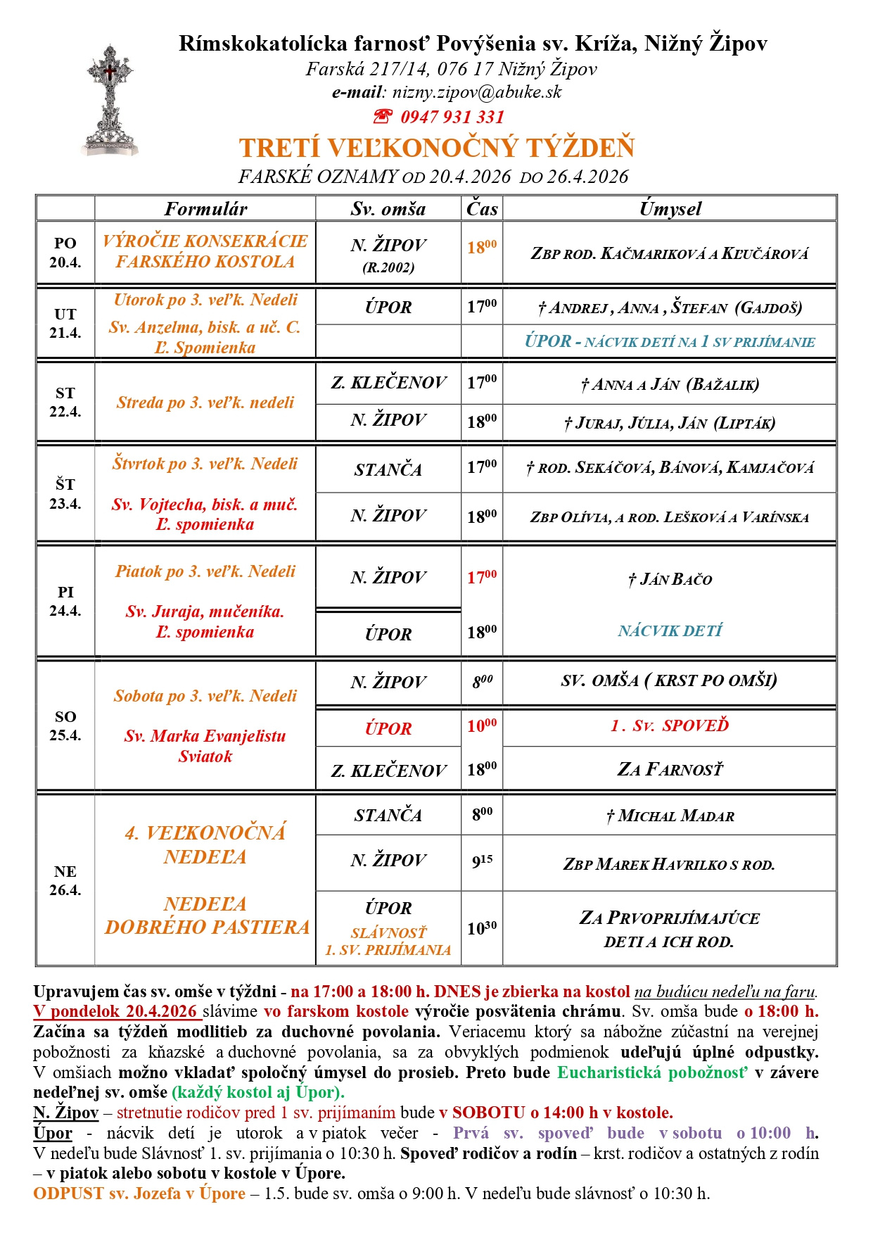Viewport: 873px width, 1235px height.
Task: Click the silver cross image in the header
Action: click(110, 100)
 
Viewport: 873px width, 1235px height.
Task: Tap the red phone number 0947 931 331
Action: click(452, 117)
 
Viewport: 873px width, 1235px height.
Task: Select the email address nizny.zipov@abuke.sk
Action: click(477, 92)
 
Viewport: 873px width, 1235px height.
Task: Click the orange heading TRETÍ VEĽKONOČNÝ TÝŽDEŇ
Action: click(436, 148)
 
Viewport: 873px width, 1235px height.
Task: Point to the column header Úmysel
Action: click(670, 209)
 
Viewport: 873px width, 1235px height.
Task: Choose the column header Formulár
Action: click(205, 209)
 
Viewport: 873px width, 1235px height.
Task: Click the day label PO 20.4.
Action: click(65, 253)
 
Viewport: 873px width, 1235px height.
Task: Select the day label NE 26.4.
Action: click(65, 880)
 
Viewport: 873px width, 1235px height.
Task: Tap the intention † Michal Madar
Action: click(670, 816)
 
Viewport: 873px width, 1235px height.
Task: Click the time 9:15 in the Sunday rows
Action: click(482, 861)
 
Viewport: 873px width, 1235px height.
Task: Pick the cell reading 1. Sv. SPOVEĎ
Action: click(670, 726)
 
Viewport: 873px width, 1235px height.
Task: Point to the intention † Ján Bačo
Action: click(670, 580)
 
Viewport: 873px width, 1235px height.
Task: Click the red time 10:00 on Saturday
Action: click(482, 726)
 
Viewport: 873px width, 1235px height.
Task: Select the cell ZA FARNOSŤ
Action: click(670, 769)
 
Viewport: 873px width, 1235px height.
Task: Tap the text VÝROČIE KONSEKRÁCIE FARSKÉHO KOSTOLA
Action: click(205, 251)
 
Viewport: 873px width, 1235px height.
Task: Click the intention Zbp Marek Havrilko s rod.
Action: click(670, 865)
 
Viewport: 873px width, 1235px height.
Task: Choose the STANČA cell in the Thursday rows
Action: click(388, 470)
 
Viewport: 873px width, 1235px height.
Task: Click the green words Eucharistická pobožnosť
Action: click(652, 1072)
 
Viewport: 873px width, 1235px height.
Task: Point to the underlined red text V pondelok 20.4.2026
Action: click(117, 1012)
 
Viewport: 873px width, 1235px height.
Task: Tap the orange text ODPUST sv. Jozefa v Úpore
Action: click(139, 1193)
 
